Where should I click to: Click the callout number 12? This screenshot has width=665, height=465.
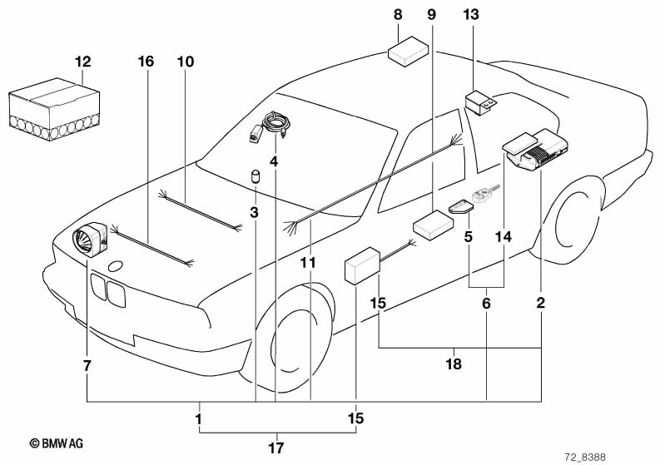[x=83, y=62]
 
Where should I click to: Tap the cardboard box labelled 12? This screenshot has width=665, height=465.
[x=54, y=109]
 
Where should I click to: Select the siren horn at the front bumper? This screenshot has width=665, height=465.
[x=90, y=239]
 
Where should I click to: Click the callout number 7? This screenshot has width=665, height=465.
[x=87, y=365]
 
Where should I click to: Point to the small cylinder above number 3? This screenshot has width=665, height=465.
[x=256, y=176]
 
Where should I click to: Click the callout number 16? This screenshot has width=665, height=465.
[x=146, y=62]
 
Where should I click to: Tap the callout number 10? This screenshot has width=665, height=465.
[x=186, y=62]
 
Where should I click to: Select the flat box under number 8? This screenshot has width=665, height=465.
[x=408, y=52]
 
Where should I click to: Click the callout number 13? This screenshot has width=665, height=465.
[x=471, y=15]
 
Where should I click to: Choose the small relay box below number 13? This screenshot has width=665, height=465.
[x=480, y=102]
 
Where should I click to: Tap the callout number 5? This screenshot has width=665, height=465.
[x=469, y=236]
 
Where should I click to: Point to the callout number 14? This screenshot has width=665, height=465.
[x=504, y=236]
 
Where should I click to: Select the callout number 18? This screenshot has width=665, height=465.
[x=454, y=364]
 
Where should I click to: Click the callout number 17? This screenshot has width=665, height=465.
[x=276, y=448]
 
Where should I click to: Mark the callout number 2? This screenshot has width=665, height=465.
[x=541, y=303]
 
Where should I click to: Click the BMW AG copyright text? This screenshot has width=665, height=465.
[x=57, y=443]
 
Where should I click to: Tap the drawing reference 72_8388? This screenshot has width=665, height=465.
[x=585, y=457]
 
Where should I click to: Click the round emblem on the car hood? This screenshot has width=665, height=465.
[x=116, y=267]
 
